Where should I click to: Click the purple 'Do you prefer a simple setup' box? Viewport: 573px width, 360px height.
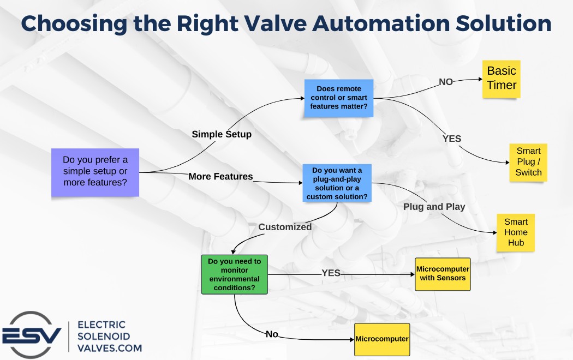point(95,172)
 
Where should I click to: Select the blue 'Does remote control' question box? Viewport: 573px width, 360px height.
point(339,98)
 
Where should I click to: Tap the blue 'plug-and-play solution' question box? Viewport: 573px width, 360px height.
point(337,183)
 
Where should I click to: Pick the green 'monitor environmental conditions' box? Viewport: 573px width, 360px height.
point(235,274)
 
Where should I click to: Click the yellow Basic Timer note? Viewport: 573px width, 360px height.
point(502,79)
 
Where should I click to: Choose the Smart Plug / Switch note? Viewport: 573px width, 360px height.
point(528,162)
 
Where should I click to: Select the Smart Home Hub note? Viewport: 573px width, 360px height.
point(516,232)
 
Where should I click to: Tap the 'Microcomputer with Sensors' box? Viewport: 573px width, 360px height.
point(443,274)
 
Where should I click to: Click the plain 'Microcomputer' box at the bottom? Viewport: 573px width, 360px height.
point(382,339)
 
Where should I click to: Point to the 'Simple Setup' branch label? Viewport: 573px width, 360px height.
point(222,134)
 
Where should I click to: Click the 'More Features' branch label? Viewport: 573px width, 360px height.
point(220,177)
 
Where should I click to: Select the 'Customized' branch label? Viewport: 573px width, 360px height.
point(285,227)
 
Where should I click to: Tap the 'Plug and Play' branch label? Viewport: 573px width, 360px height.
point(434,207)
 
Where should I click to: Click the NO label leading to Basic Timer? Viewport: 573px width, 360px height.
point(446,82)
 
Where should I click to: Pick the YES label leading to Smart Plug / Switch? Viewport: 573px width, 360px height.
point(452,139)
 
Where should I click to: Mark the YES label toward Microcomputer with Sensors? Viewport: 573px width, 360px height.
point(331,273)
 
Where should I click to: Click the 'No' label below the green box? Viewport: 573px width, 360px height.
point(272,334)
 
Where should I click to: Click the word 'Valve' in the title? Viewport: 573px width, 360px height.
point(276,23)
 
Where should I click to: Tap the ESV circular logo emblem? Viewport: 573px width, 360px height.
point(31,335)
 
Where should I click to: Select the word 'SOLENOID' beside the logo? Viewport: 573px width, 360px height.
point(104,336)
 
